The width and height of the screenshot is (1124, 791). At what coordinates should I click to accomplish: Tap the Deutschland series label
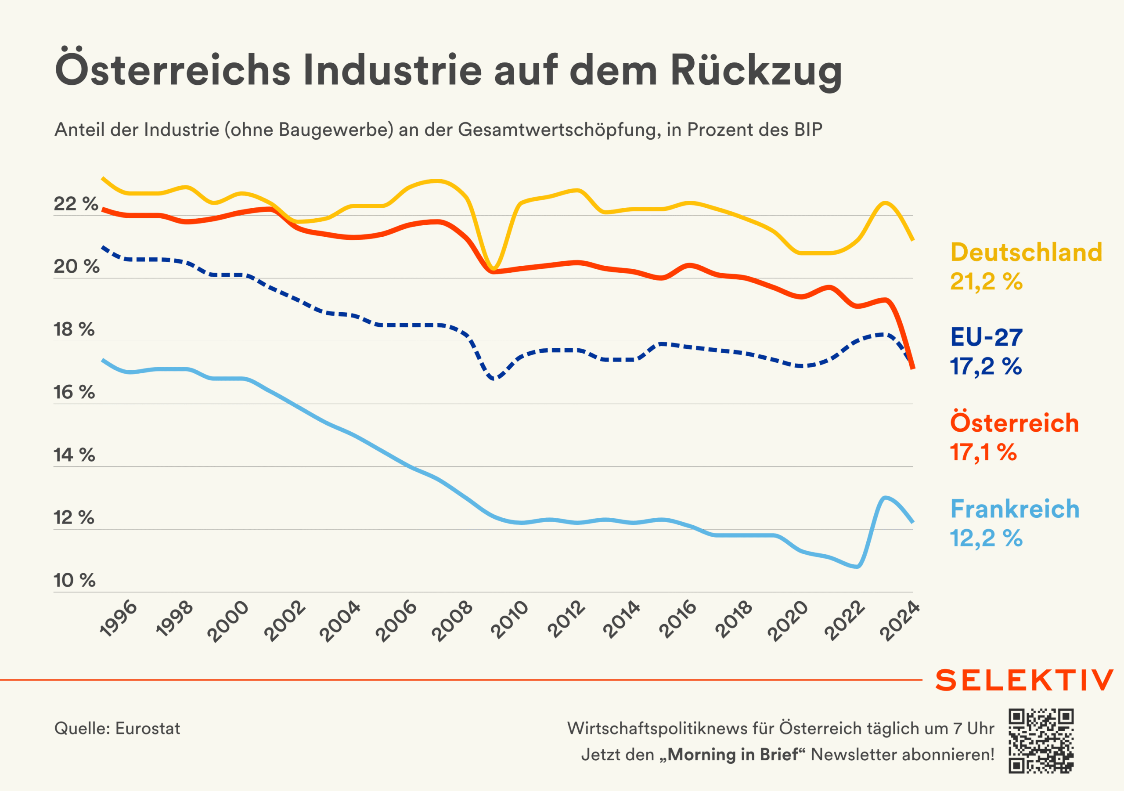1026,253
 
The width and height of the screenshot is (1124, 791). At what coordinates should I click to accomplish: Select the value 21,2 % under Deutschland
986,282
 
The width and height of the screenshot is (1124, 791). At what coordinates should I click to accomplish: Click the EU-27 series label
986,337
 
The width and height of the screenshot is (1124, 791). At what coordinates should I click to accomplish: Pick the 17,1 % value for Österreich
983,452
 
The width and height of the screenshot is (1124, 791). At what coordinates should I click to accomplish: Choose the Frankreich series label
1015,509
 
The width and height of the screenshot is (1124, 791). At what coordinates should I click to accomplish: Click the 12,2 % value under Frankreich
986,538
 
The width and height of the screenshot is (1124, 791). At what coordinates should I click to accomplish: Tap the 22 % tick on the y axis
76,204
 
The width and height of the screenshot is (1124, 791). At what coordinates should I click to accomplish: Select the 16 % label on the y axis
74,392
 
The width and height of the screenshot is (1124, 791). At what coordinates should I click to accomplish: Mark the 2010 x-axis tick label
510,620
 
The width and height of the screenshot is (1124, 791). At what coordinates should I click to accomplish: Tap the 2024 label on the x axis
900,620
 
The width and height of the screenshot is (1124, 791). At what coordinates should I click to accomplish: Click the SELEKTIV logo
1024,680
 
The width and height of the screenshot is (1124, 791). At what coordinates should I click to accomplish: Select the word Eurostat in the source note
148,729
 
